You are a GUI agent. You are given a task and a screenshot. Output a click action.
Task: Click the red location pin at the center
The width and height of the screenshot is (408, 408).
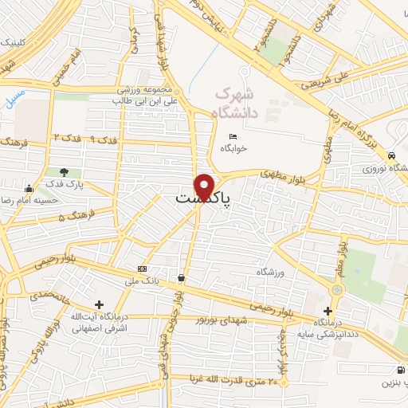(206, 186)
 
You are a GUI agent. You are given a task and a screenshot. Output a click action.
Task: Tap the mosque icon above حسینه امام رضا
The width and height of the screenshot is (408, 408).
(29, 189)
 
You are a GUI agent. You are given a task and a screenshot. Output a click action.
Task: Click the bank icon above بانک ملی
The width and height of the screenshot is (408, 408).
(142, 269)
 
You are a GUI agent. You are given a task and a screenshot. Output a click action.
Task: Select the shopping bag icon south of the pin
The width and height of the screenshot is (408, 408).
(183, 278)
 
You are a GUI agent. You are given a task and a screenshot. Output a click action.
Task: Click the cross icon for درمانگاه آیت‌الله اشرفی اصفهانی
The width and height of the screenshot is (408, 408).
(99, 304)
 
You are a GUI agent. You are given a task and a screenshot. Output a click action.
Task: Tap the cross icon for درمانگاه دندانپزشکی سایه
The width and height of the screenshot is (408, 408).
(328, 310)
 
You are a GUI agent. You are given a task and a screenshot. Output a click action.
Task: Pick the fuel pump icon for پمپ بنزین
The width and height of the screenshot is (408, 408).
(399, 370)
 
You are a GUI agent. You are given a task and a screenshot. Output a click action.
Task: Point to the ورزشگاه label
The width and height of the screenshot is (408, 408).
(270, 272)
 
